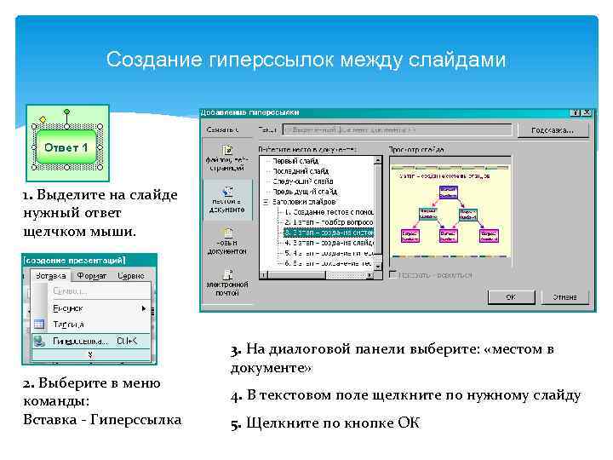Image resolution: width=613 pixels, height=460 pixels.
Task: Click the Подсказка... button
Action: (x=558, y=130)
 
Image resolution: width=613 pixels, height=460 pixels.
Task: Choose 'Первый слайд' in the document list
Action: (x=298, y=161)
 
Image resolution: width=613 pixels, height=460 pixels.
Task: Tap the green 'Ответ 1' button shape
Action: (x=66, y=148)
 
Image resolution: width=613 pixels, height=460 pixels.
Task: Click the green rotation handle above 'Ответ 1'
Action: (x=66, y=112)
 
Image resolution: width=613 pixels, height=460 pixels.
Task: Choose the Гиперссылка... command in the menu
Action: (x=80, y=340)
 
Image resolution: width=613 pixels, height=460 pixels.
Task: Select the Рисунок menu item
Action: (x=68, y=308)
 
